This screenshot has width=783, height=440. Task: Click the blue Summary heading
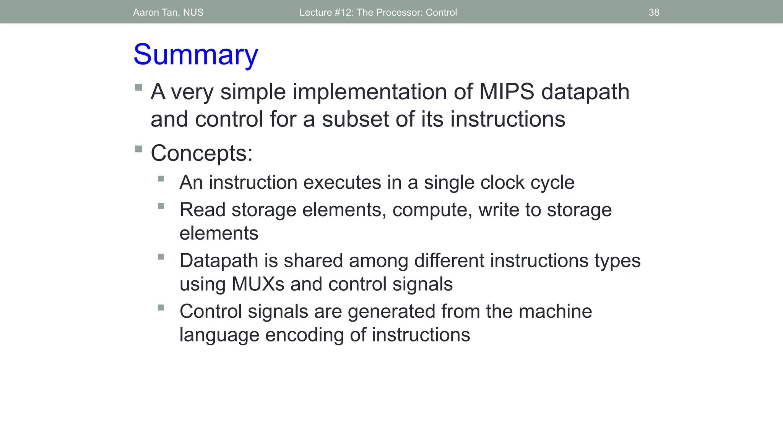click(196, 55)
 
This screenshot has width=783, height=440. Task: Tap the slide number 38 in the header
click(654, 12)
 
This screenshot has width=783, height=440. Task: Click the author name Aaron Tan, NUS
click(168, 12)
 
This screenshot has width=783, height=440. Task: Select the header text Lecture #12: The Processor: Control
click(378, 12)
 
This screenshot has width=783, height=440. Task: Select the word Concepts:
click(201, 154)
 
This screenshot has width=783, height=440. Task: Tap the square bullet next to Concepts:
click(138, 149)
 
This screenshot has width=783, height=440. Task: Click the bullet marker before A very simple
click(138, 87)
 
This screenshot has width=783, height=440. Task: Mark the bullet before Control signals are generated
click(161, 307)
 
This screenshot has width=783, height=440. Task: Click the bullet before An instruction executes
click(161, 178)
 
